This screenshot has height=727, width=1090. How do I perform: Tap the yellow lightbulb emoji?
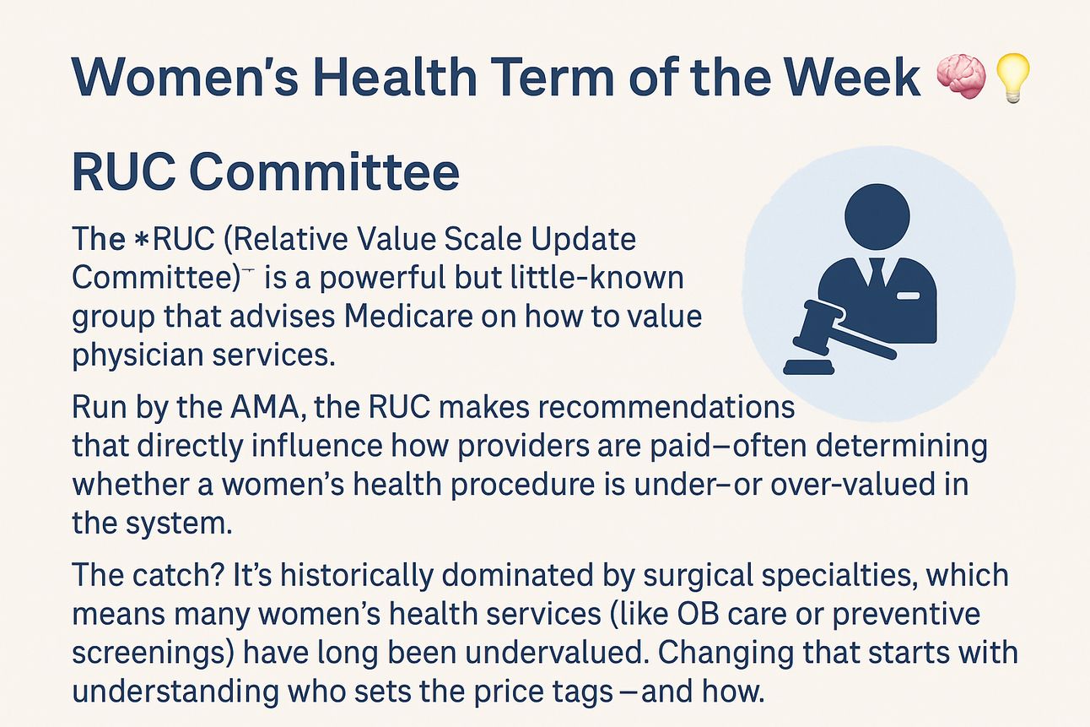point(1013,79)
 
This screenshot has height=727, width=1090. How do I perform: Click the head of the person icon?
point(877,216)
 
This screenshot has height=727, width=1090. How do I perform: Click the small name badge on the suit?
point(908,296)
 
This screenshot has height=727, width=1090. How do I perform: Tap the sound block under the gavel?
point(808,367)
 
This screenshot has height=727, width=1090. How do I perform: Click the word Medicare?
point(408,317)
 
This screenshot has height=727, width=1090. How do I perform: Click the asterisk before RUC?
point(141,240)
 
